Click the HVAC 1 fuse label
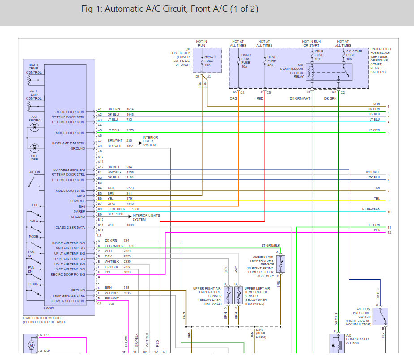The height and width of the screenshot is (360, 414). [210, 61]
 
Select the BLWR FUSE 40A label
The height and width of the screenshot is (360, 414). [272, 61]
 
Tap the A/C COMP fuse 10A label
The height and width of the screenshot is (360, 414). [354, 55]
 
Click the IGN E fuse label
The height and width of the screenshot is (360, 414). [319, 55]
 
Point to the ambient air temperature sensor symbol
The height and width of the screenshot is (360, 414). [280, 264]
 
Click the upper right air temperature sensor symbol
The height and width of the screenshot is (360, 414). [228, 295]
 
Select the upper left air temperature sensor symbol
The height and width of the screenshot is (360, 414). [238, 295]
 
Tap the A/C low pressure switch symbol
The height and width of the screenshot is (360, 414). [380, 316]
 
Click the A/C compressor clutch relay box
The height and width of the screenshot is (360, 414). [329, 72]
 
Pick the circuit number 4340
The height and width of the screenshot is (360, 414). [130, 204]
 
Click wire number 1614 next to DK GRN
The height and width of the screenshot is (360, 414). [130, 109]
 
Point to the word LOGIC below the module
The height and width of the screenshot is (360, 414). [49, 308]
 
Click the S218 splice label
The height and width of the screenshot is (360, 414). [259, 330]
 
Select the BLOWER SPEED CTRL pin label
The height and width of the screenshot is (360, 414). [68, 301]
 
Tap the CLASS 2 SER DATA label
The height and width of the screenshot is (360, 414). [70, 227]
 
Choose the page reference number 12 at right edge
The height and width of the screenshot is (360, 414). [389, 232]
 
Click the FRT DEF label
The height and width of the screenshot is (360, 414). [34, 158]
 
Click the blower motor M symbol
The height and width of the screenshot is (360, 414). [31, 345]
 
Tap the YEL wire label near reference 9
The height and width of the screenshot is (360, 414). [377, 198]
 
